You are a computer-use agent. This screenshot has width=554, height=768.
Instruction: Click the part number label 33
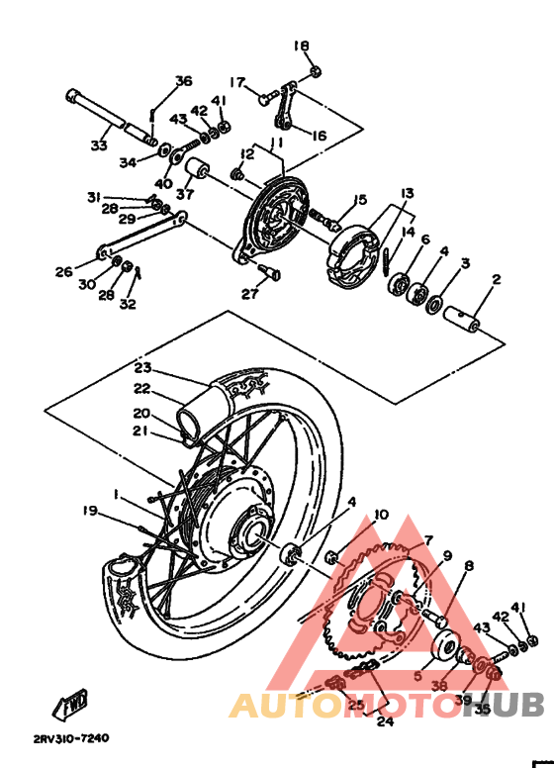coord(98,145)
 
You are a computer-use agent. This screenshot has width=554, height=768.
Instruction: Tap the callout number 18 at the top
coord(302,46)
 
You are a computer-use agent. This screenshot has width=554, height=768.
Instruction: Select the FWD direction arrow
coord(73,706)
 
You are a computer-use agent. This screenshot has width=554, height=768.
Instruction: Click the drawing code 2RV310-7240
coord(70,738)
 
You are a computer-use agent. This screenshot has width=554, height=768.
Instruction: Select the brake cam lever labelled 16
coord(288,110)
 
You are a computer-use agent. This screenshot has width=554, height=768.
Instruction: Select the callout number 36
coord(183,81)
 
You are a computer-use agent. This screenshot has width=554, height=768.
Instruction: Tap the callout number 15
coord(360,200)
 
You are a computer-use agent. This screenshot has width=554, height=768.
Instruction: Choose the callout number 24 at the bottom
coord(384,720)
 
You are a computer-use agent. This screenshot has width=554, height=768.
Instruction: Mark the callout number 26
coord(64,271)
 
